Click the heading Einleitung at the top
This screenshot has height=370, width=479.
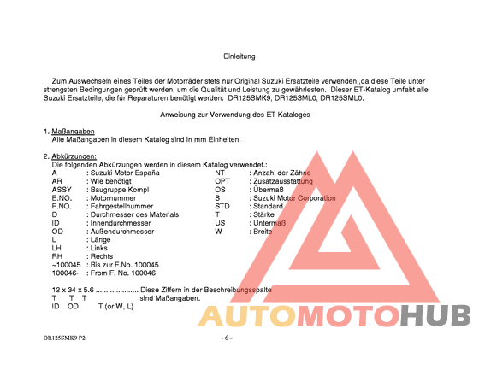point(239,56)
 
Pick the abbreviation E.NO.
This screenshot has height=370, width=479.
point(62,198)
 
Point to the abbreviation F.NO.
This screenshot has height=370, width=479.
point(62,206)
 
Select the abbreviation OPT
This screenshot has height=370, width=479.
point(222,181)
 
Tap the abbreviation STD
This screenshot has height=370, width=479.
point(223,206)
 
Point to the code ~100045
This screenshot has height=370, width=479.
point(67,264)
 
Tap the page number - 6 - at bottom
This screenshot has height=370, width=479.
point(227,338)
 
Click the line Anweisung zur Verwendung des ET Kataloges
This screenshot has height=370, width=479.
point(235,114)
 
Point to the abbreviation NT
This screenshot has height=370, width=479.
point(220,173)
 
